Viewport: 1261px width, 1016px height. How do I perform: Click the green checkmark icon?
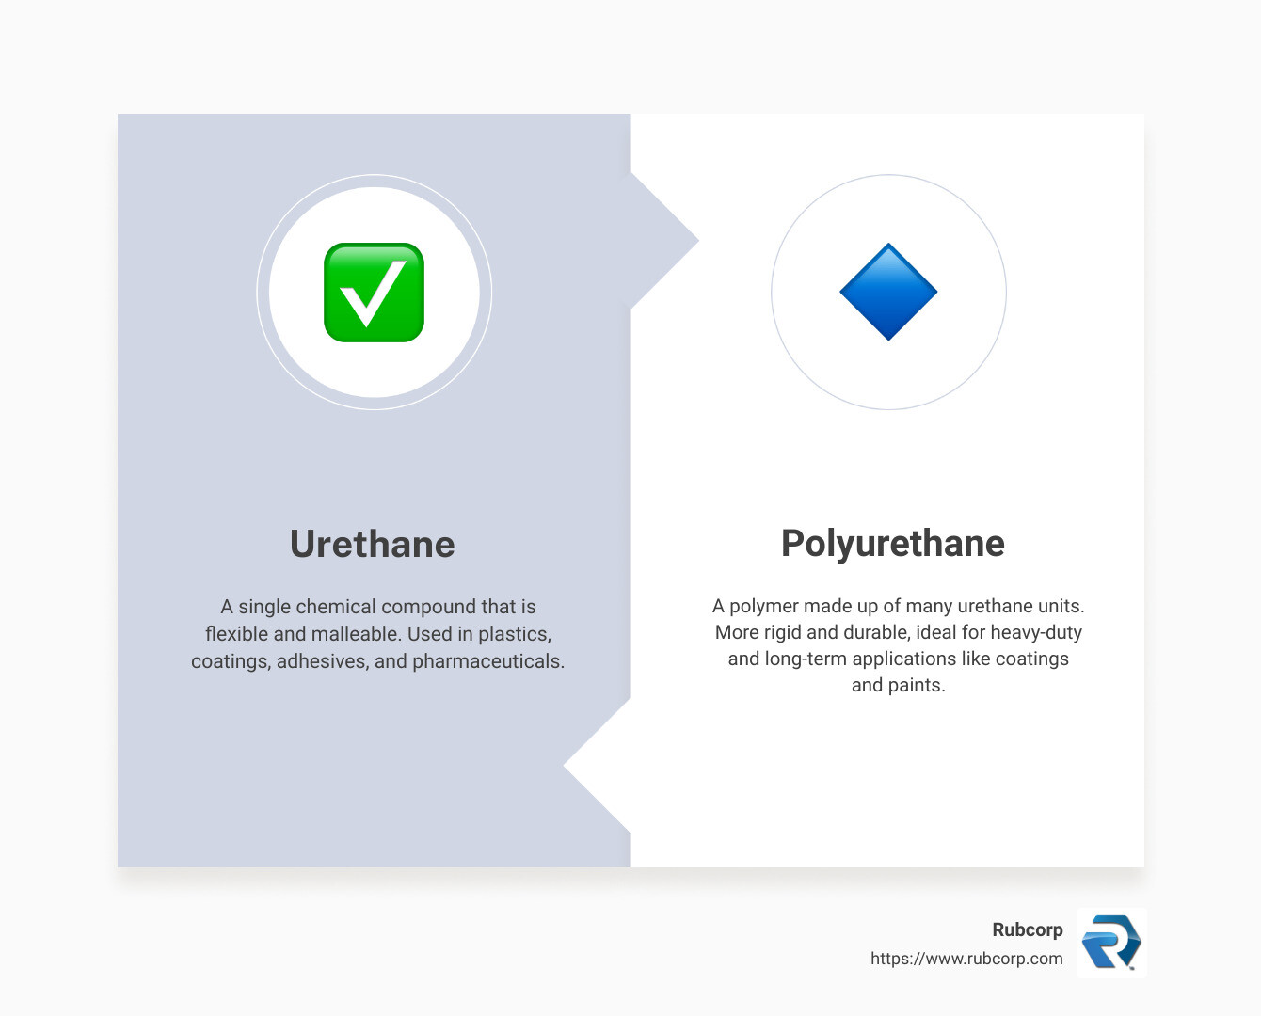tap(374, 293)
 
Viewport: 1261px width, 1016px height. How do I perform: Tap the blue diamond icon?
tap(888, 292)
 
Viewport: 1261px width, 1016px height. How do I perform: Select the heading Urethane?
tap(373, 544)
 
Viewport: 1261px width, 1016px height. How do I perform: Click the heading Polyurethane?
tap(893, 543)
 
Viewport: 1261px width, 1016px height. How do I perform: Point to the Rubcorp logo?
tap(1111, 943)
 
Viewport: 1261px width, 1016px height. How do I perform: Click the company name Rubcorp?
tap(1028, 929)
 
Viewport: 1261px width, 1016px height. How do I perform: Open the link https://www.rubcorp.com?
tap(966, 959)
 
